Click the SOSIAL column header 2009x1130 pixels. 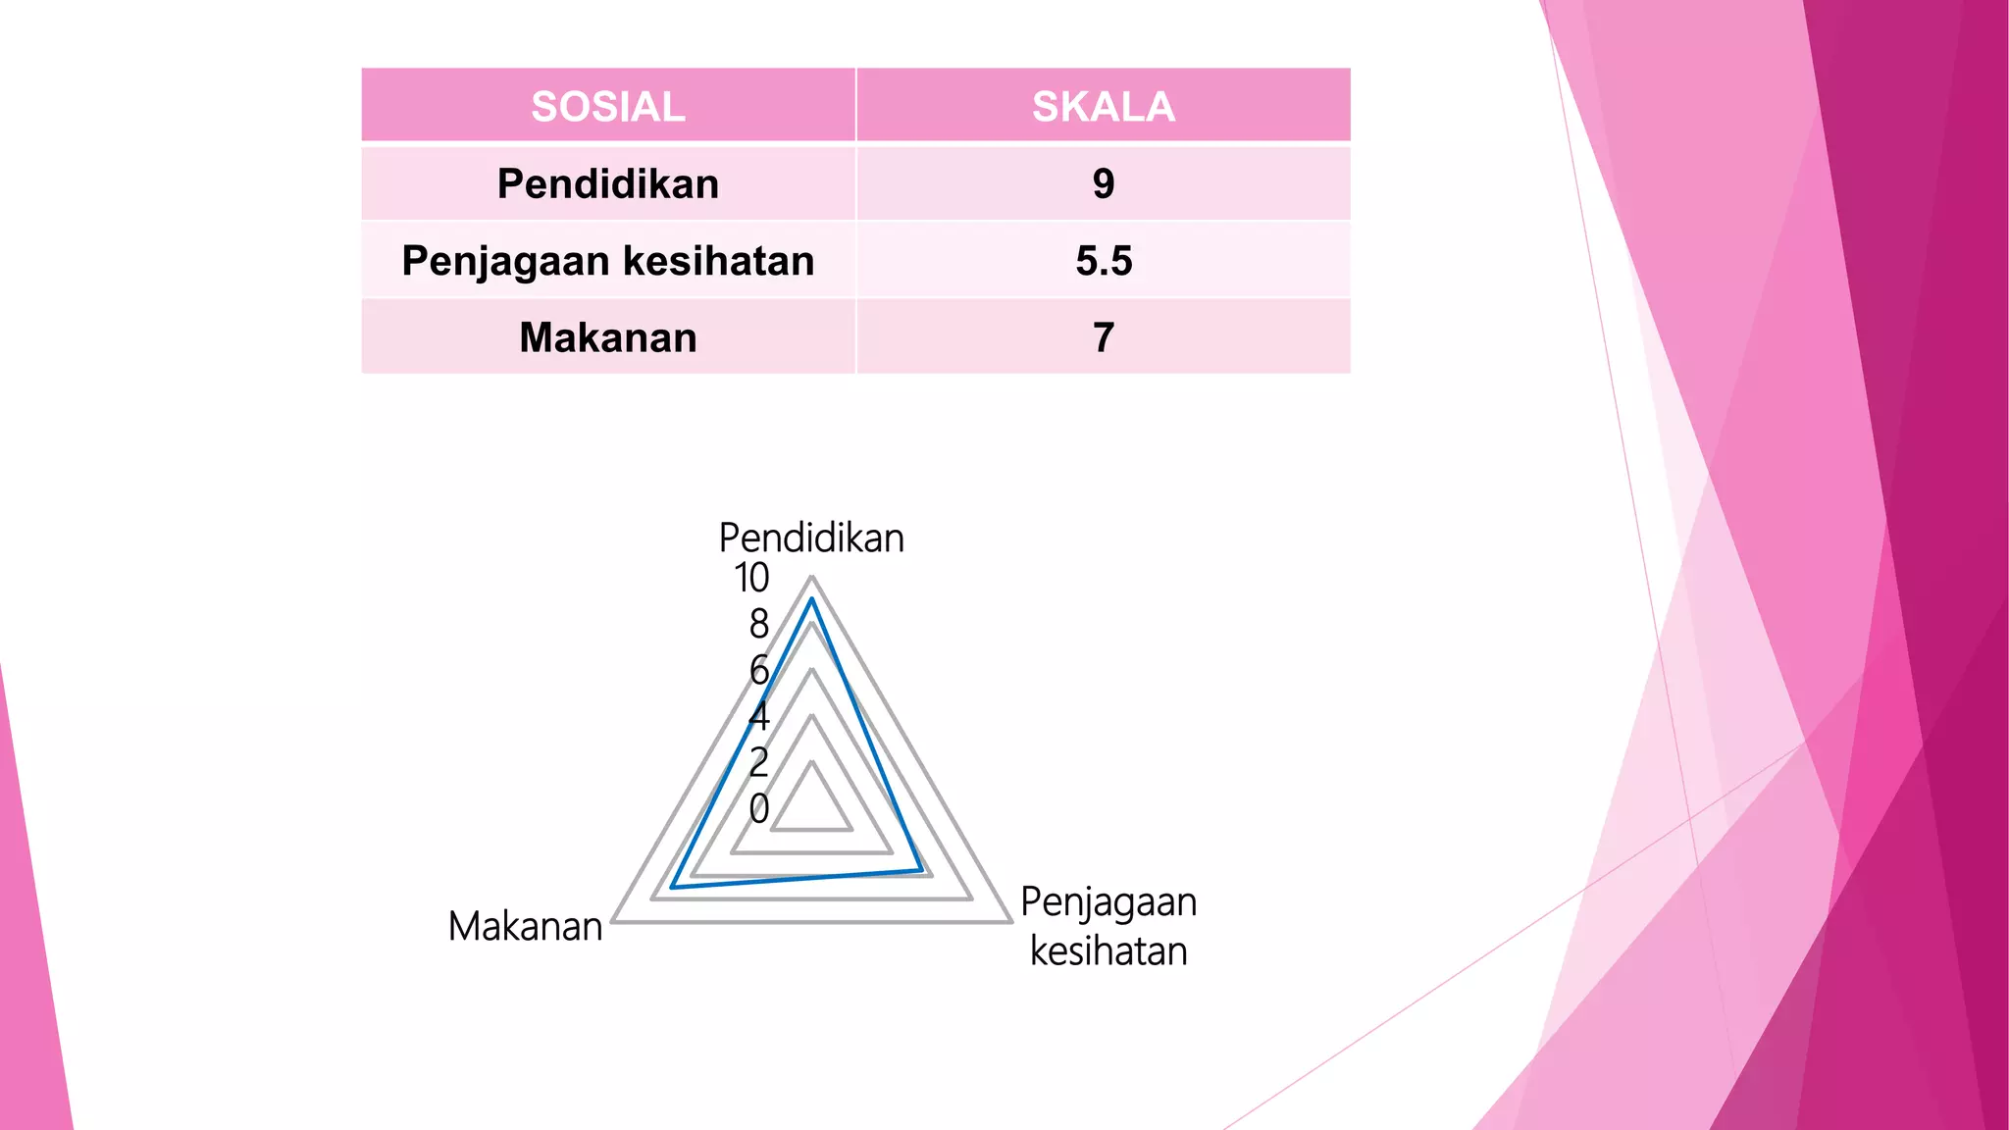(608, 106)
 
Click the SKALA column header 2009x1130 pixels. (1103, 106)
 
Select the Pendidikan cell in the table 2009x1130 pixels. (608, 183)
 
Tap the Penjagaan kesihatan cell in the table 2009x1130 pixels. (608, 261)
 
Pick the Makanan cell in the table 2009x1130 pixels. (608, 337)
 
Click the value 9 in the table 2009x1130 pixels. (1104, 183)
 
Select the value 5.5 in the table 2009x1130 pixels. (1104, 261)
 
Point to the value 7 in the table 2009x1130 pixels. (1104, 337)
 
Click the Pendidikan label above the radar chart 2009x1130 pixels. (811, 539)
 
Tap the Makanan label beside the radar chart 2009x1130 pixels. (525, 926)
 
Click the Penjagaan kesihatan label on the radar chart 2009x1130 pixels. (1108, 926)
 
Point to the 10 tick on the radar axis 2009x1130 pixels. (751, 578)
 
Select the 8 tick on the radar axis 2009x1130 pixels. (758, 624)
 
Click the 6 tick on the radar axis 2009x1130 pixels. (758, 670)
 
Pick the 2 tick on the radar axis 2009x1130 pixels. (758, 762)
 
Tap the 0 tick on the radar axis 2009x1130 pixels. (758, 808)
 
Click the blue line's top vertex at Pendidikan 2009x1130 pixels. (811, 599)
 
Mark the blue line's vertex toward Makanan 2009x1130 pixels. (672, 887)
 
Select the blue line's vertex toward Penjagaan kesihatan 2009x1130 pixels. (920, 869)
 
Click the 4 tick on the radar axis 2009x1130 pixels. (758, 716)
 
